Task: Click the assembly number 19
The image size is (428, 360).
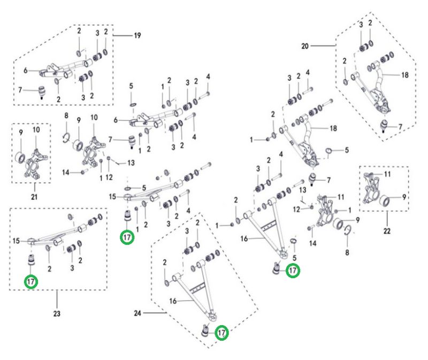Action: point(137,36)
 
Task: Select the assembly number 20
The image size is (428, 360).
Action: point(305,47)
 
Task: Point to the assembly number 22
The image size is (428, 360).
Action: point(387,231)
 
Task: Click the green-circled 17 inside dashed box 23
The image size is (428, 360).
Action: point(31,281)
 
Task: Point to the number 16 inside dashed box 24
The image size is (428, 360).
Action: point(173,302)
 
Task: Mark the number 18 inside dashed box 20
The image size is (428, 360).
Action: point(404,75)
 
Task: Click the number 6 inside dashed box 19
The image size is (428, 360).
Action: point(25,70)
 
